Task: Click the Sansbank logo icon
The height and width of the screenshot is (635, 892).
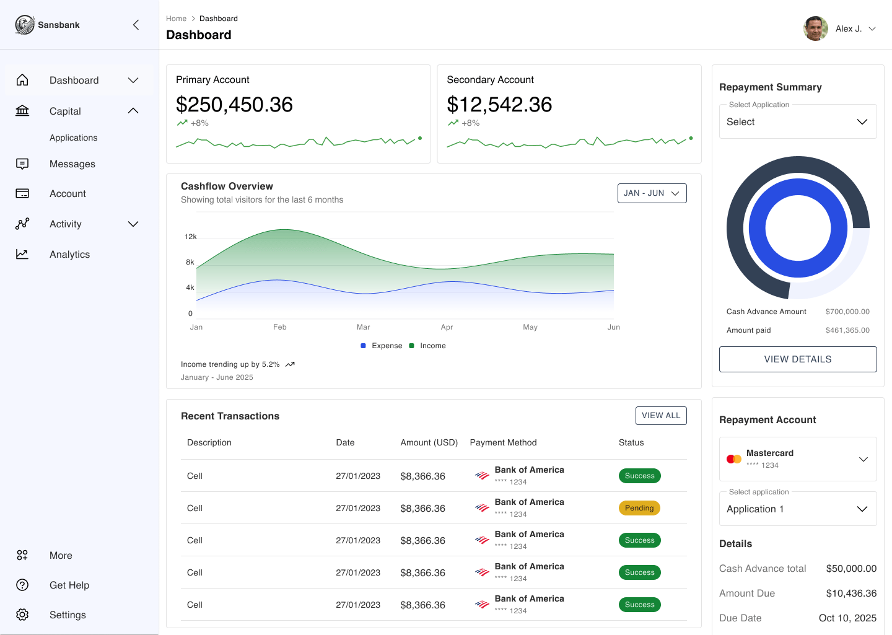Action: coord(25,25)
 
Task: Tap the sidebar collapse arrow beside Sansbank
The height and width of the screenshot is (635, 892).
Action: coord(136,25)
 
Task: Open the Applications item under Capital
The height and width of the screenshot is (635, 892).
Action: coord(74,138)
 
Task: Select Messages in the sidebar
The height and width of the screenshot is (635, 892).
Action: coord(72,164)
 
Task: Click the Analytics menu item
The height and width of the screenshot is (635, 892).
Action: coord(69,255)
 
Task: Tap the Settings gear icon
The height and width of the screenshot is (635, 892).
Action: coord(22,615)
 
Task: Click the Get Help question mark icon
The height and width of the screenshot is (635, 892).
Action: coord(22,585)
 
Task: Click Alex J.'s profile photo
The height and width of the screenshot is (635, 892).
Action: coord(816,28)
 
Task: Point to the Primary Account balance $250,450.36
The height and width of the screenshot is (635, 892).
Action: coord(234,105)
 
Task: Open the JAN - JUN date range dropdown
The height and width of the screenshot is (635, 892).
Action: coord(652,193)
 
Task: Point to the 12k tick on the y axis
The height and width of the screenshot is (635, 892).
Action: coord(190,237)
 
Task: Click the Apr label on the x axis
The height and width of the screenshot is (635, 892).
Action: coord(447,327)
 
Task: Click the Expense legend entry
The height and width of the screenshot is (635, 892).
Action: coord(382,346)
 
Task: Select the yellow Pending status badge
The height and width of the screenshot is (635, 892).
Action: coord(639,508)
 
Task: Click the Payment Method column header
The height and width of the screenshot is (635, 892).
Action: coord(503,442)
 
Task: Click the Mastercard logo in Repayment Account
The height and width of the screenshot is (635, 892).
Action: coord(734,459)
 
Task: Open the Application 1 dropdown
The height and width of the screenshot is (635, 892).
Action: coord(798,509)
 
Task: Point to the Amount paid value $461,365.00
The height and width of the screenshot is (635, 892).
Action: coord(847,330)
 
